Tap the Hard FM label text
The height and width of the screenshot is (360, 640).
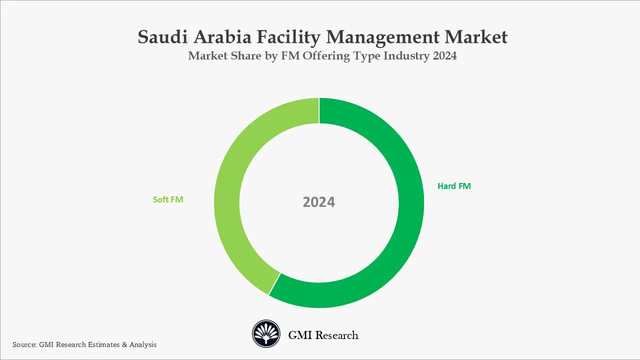point(454,186)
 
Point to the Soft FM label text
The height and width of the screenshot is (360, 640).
point(168,199)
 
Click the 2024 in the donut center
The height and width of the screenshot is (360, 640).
point(319,202)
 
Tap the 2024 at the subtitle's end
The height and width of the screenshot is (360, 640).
point(444,56)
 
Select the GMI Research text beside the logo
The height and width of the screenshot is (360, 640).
point(323,335)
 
